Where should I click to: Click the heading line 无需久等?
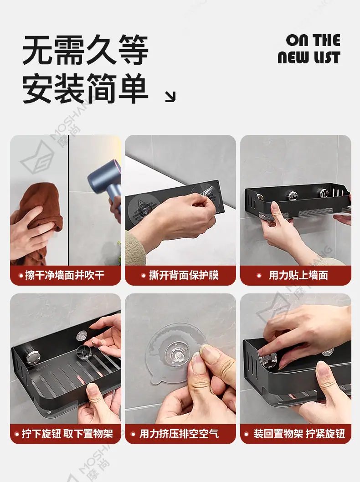(x=86, y=50)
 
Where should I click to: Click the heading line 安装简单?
(x=86, y=88)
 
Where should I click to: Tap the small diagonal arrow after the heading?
(x=170, y=97)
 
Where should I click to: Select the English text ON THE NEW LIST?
(x=309, y=49)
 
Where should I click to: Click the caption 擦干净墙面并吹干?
(x=65, y=275)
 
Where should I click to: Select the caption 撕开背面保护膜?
(x=184, y=275)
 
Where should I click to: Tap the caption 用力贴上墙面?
(x=298, y=275)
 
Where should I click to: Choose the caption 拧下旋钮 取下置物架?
(x=67, y=434)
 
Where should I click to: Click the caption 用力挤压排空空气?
(x=179, y=434)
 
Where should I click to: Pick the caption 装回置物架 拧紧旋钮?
(x=299, y=434)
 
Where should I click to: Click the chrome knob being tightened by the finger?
(x=269, y=359)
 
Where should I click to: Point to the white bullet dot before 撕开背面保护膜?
(x=143, y=276)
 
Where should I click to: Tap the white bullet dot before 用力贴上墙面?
(x=259, y=276)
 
